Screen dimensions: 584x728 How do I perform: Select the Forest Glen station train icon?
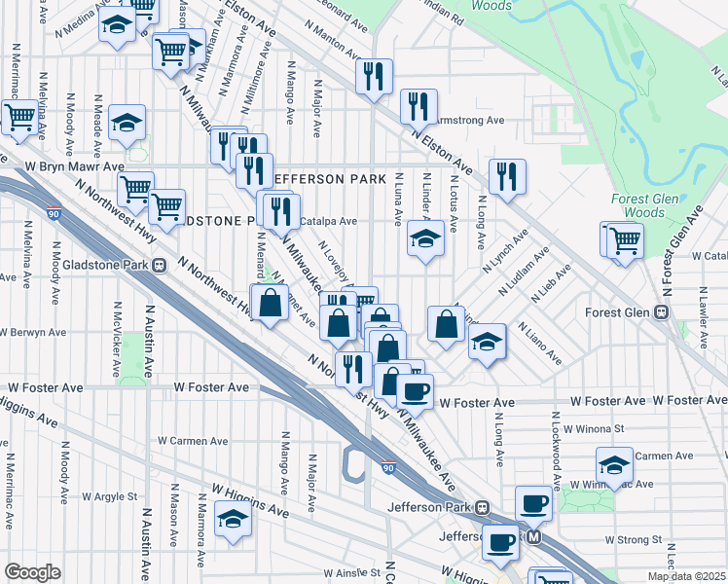point(661,312)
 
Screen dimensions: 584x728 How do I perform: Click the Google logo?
point(32,572)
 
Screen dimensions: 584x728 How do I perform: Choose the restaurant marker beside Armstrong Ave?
point(419,107)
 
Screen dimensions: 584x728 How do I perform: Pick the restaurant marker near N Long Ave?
point(507,176)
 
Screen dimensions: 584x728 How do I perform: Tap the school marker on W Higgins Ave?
point(234,521)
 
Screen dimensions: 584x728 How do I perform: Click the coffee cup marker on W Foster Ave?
point(415,391)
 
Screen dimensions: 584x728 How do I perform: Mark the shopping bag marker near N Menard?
point(271,303)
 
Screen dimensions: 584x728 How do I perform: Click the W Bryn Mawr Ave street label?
point(61,167)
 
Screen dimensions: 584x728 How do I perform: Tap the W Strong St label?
point(633,539)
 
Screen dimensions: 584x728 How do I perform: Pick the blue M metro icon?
point(533,536)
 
